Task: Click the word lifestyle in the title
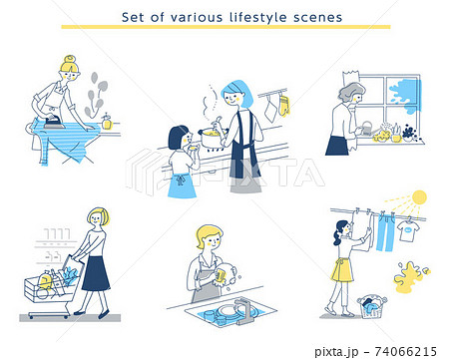point(257,17)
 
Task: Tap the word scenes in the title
point(317,17)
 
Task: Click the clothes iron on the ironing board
point(54,121)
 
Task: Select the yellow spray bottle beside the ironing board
point(107,122)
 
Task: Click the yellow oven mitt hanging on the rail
point(283,105)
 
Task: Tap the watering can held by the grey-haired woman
point(366,129)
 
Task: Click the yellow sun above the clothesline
point(419,197)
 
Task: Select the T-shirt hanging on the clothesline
point(408,230)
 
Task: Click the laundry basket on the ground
point(372,306)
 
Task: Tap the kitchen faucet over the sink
point(243,310)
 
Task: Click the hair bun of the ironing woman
point(70,60)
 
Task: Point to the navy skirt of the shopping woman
point(96,273)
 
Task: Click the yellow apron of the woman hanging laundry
point(341,270)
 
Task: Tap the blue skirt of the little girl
point(182,185)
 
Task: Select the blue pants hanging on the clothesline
point(386,232)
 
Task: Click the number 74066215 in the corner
point(405,351)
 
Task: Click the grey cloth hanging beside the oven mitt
point(270,110)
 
